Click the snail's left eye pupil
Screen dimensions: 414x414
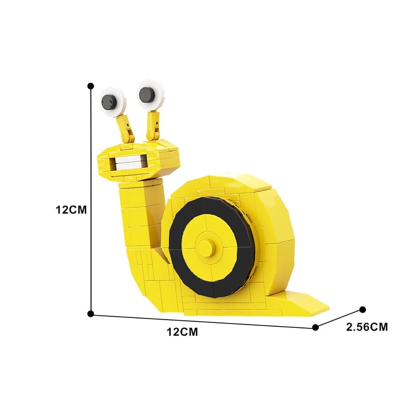tap(109, 102)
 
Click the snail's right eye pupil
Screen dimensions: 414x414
tap(147, 95)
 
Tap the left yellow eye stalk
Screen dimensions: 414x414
tap(126, 129)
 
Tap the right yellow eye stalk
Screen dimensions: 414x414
tap(153, 126)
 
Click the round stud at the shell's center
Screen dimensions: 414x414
tap(206, 248)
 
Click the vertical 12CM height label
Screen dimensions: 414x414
tap(71, 210)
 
